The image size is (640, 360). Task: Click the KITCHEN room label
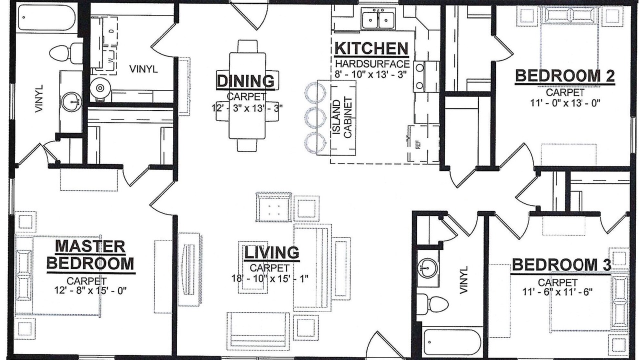(x=371, y=48)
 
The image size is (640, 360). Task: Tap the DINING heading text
(x=245, y=81)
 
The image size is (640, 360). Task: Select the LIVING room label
(x=271, y=252)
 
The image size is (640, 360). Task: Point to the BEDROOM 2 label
(x=564, y=75)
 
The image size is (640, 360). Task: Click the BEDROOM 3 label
(x=561, y=265)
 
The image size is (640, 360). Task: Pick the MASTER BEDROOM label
(x=90, y=255)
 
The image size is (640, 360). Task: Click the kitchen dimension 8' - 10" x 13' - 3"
(x=370, y=75)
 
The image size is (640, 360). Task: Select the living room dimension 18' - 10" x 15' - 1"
(x=270, y=278)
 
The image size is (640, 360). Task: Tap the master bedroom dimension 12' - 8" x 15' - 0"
(x=90, y=290)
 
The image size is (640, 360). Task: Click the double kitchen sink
(x=378, y=19)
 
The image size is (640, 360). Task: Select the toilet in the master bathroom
(x=66, y=53)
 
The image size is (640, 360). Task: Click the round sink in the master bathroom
(x=72, y=102)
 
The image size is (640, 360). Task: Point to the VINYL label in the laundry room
(x=143, y=69)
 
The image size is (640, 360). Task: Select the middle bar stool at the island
(x=315, y=117)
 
